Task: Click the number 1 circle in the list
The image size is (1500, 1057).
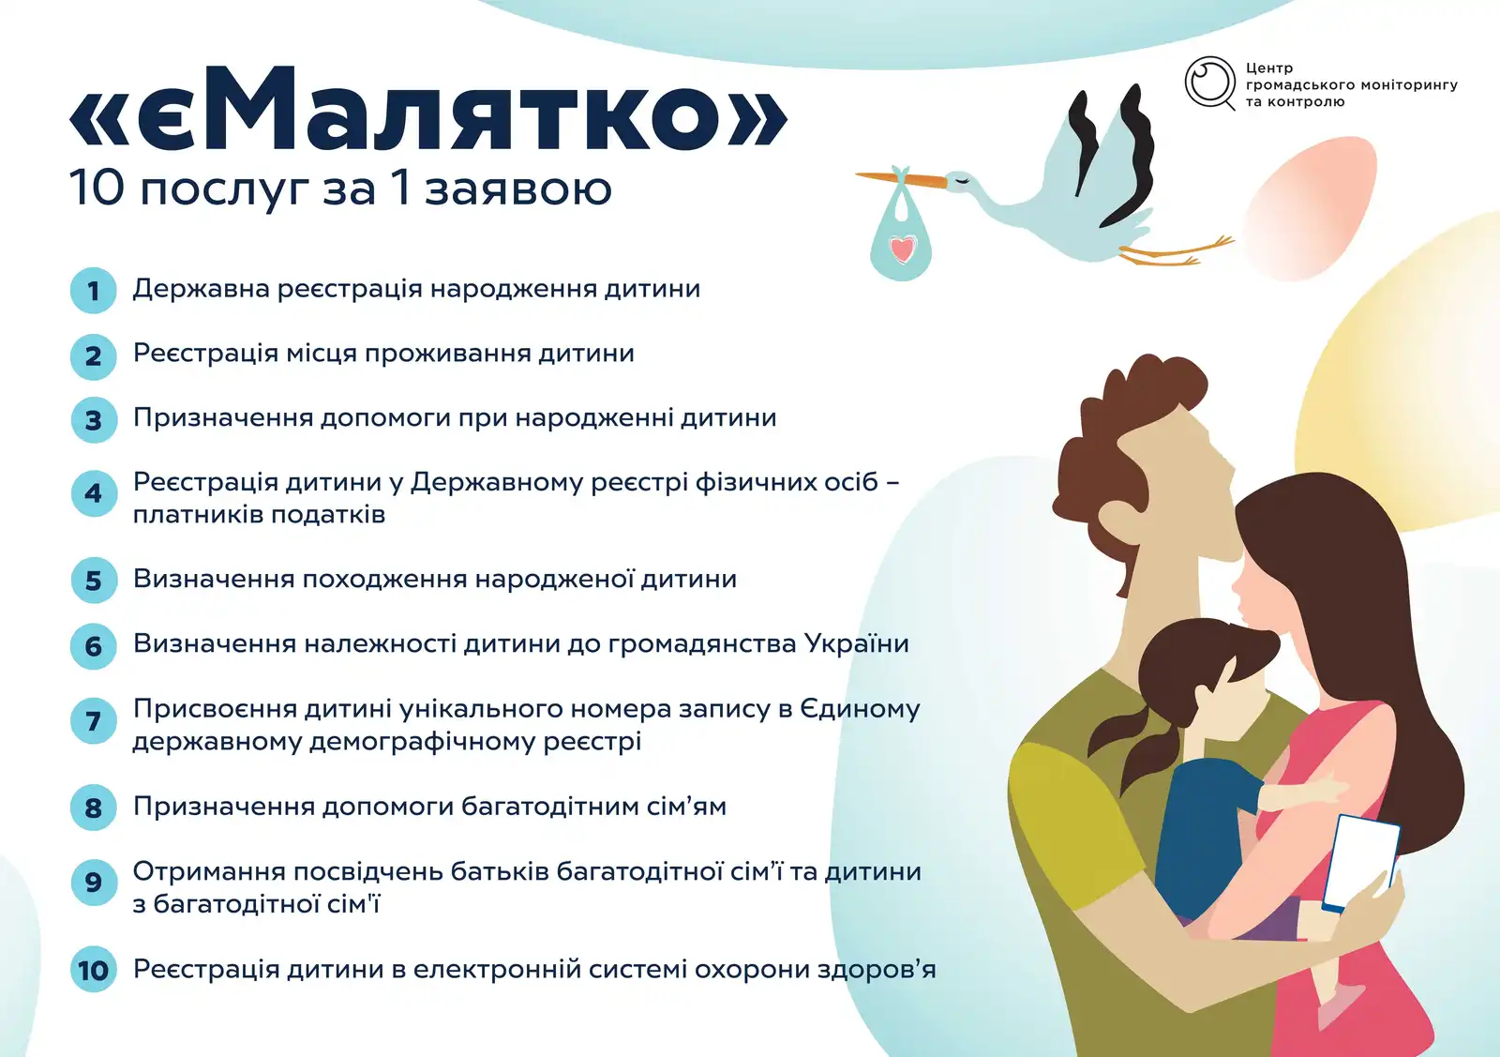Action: tap(94, 291)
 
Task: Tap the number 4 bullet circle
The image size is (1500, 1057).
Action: tap(94, 493)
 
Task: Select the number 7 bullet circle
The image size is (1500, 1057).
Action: tap(94, 720)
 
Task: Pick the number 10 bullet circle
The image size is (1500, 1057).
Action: tap(94, 969)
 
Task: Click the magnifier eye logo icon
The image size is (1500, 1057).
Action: tap(1210, 83)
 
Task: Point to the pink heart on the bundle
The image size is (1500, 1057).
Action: tap(902, 249)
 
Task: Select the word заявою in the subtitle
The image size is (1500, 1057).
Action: tap(518, 189)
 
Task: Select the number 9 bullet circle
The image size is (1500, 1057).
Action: tap(94, 883)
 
